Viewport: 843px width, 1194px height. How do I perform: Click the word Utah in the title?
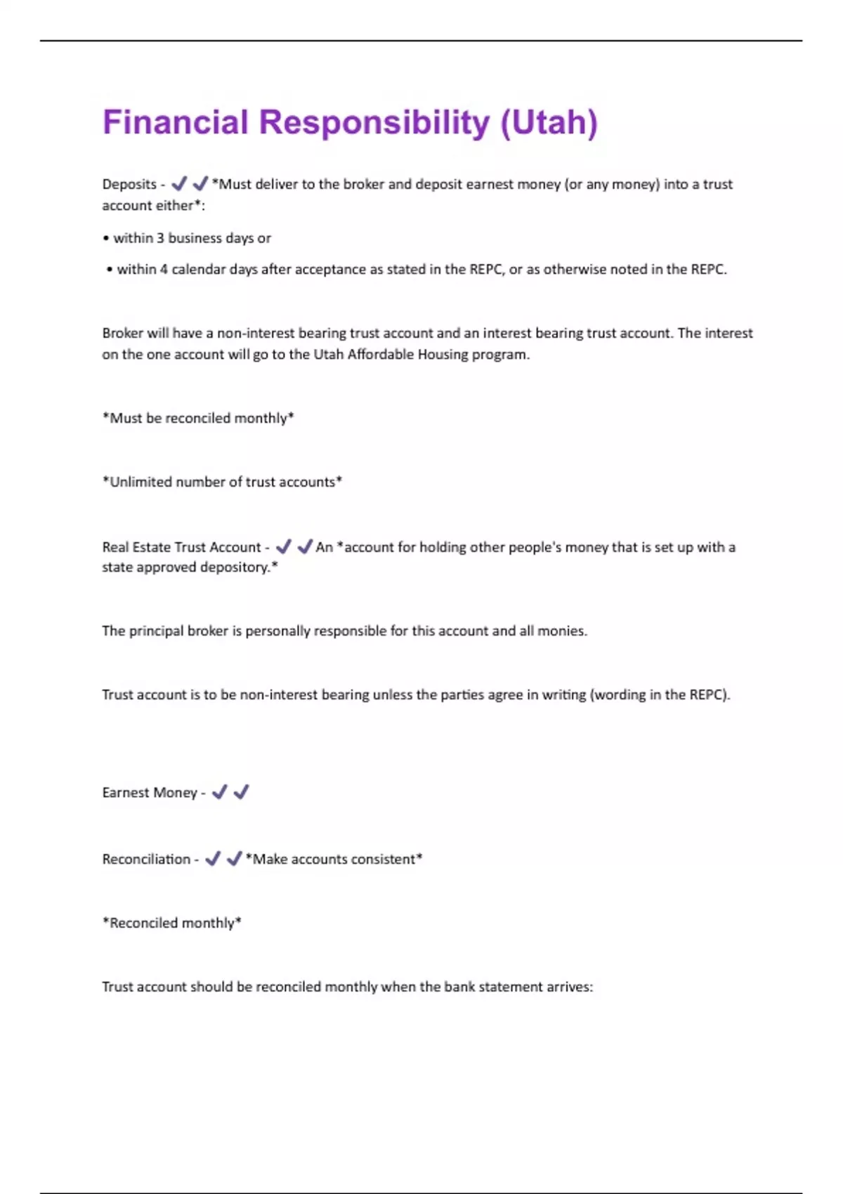549,122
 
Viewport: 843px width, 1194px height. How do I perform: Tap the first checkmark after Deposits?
179,183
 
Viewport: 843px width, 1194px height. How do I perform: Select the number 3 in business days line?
160,238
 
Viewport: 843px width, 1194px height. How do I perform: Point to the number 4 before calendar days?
164,269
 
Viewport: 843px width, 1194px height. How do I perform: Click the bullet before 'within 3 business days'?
106,239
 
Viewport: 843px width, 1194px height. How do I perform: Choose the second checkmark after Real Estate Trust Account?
305,546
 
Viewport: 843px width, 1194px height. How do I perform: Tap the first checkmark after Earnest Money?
219,792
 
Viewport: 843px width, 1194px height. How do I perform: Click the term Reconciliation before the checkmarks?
146,859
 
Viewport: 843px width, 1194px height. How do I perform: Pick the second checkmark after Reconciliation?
235,858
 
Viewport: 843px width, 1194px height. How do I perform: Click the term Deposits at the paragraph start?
129,184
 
